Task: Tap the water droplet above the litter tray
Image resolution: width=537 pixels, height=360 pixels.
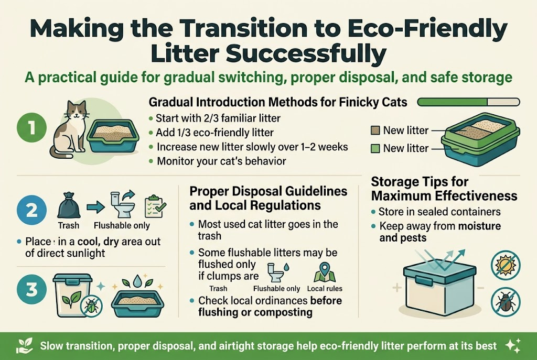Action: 138,280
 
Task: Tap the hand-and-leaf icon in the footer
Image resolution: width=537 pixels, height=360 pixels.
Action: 24,345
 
